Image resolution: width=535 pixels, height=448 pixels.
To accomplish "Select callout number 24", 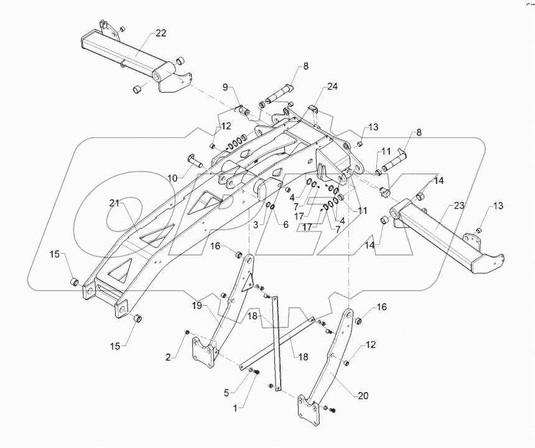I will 333,88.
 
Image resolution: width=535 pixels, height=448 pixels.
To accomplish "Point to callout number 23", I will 459,206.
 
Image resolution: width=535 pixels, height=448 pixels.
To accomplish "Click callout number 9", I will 226,88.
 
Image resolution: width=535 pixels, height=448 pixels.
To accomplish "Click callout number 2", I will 169,356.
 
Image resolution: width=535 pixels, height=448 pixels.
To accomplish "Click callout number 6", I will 286,224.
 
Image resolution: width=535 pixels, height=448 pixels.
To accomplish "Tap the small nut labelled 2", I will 186,335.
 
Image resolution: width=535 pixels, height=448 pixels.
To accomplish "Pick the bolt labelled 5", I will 252,371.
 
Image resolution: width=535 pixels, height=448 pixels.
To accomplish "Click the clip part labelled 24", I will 314,111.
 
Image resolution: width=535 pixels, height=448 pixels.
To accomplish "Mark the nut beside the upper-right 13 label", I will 359,144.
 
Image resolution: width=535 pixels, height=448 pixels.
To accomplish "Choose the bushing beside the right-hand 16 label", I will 359,321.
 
